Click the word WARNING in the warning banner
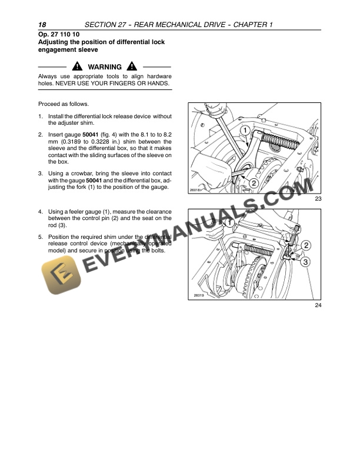(x=104, y=67)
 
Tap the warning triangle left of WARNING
(x=77, y=67)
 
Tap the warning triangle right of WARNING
(x=132, y=67)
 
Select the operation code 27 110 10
(x=68, y=35)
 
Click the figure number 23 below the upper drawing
(x=318, y=200)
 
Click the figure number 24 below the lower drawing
(x=318, y=305)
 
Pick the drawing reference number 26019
(x=198, y=295)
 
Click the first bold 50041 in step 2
(x=91, y=135)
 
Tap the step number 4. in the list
(x=40, y=211)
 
